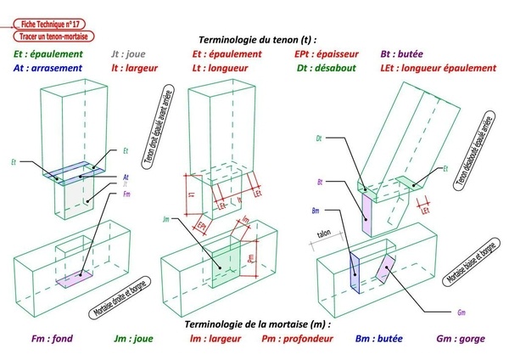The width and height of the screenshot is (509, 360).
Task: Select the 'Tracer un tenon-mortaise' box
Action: [x=56, y=38]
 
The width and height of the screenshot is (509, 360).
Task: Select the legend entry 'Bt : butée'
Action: [x=408, y=54]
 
